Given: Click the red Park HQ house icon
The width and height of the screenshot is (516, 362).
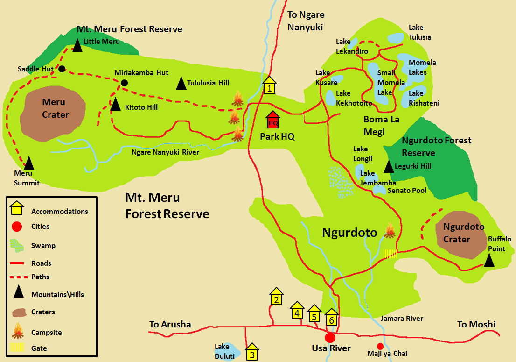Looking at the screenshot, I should pos(273,120).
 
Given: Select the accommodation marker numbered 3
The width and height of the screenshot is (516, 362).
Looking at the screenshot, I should pos(252,353).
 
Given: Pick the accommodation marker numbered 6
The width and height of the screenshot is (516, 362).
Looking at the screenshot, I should pos(331,318).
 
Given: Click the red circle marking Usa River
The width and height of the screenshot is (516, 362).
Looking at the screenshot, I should pos(330,337).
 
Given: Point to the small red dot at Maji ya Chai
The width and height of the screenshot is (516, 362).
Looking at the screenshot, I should pos(380,346).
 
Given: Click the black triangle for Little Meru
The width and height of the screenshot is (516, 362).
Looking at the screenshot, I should pos(77,45).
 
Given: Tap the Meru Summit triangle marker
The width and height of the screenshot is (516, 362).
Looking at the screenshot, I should pos(29,163).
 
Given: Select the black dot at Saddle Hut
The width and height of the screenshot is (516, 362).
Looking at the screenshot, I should pos(62,69).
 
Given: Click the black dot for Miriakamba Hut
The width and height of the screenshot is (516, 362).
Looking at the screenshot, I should pos(124,83).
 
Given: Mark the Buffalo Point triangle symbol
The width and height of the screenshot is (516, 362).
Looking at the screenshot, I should pos(489,260).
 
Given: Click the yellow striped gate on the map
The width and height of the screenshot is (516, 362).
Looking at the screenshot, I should pos(390,254).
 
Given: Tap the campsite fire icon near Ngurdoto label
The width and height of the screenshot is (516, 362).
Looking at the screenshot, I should pos(390,230).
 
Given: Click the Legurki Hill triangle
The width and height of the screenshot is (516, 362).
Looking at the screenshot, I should pos(389,166).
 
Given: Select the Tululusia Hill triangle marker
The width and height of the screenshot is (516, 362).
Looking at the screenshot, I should pos(181,84).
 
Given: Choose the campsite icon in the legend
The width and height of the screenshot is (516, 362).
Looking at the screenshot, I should pos(18,331).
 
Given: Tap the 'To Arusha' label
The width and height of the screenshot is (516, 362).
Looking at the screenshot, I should pos(170,324).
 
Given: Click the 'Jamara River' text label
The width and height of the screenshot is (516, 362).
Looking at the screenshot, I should pos(402,319).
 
